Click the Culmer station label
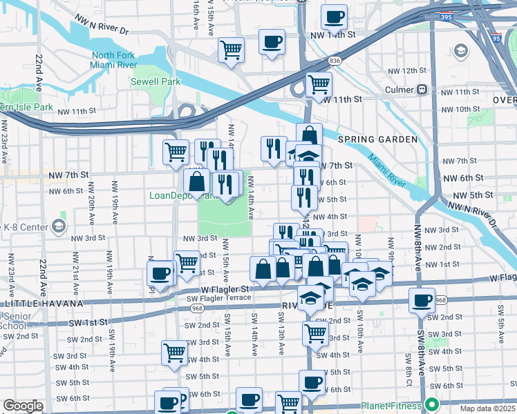point(396,90)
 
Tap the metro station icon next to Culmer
point(421,90)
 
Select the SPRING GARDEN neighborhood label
point(377,139)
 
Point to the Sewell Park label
point(156,81)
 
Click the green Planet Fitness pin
point(433,404)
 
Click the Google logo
point(22,406)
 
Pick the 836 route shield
point(335,61)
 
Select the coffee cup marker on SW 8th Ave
point(421,301)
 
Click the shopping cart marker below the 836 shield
point(318,84)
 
